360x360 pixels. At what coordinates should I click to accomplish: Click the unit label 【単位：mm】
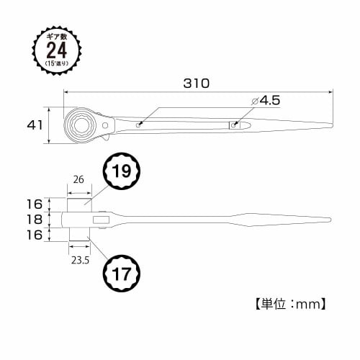[289, 303]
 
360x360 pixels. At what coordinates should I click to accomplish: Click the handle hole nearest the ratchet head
[138, 125]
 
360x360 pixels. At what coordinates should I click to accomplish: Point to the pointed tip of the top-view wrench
[332, 128]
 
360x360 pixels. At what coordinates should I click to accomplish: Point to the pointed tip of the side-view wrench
[332, 219]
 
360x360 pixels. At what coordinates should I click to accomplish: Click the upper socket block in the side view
[79, 204]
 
